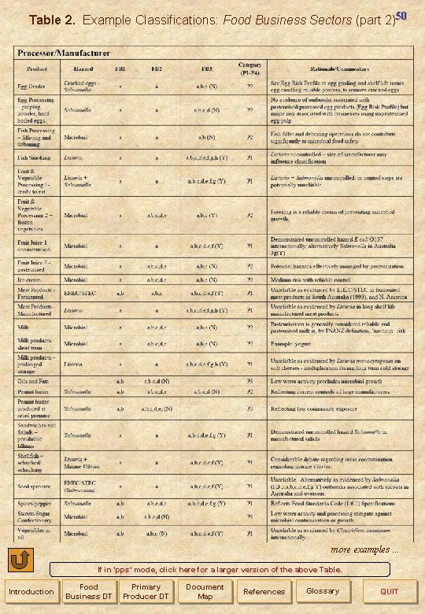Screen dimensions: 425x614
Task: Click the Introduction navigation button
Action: click(31, 591)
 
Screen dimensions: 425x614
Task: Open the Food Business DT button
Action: click(88, 591)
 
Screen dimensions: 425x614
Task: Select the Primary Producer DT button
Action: click(146, 591)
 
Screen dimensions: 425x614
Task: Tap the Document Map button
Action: click(205, 591)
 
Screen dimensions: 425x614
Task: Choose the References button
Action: click(264, 591)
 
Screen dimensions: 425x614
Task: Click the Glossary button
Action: click(323, 591)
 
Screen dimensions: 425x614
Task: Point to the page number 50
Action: click(401, 16)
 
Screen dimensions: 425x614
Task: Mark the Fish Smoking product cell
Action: click(35, 157)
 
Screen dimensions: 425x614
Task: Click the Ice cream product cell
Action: click(31, 279)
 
